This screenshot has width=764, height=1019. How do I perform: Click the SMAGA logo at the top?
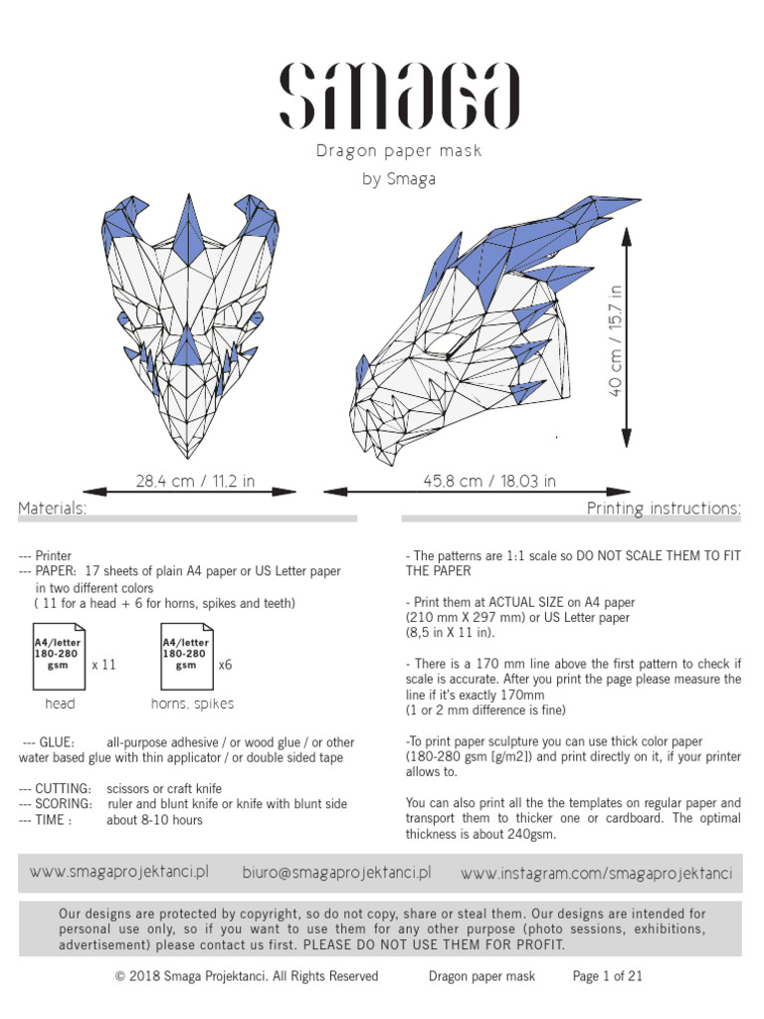pos(399,95)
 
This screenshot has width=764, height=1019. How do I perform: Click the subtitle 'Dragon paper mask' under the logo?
pos(398,151)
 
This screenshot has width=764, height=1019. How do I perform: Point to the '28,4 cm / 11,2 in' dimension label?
pos(195,482)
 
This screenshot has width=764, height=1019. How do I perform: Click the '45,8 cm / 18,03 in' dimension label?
pos(489,482)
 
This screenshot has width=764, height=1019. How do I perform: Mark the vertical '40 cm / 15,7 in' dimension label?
pos(617,340)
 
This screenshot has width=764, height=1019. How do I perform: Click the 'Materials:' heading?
pos(53,509)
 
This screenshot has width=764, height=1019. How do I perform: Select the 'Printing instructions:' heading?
pos(664,509)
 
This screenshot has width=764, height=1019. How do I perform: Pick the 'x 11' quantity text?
pos(104,665)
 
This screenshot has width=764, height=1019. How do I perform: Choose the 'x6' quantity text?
pos(225,665)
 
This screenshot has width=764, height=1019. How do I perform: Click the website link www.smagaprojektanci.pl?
pos(119,872)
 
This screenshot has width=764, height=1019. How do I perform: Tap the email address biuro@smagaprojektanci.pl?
pos(336,872)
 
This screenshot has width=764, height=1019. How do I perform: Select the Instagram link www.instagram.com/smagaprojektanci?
pos(596,874)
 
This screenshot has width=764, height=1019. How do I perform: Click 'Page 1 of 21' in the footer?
pos(608,976)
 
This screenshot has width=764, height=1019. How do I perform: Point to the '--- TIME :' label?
pos(46,820)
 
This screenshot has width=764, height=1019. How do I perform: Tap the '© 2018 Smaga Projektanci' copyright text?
pos(247,976)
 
